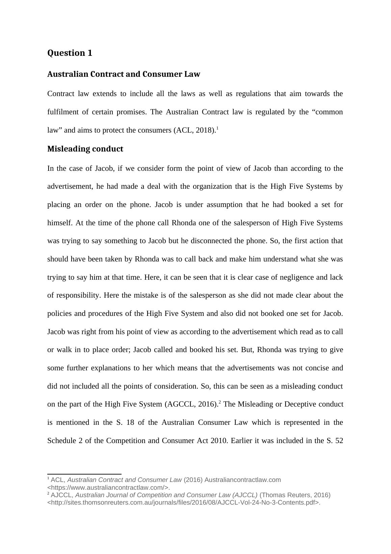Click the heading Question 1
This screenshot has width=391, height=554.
[70, 53]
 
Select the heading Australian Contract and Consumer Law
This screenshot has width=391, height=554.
[124, 74]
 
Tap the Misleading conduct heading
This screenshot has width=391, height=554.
[85, 149]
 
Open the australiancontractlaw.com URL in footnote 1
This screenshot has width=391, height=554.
[108, 487]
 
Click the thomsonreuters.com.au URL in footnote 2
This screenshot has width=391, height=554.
[183, 502]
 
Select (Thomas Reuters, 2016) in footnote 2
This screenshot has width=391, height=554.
[295, 495]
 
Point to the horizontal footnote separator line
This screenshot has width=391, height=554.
[84, 474]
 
